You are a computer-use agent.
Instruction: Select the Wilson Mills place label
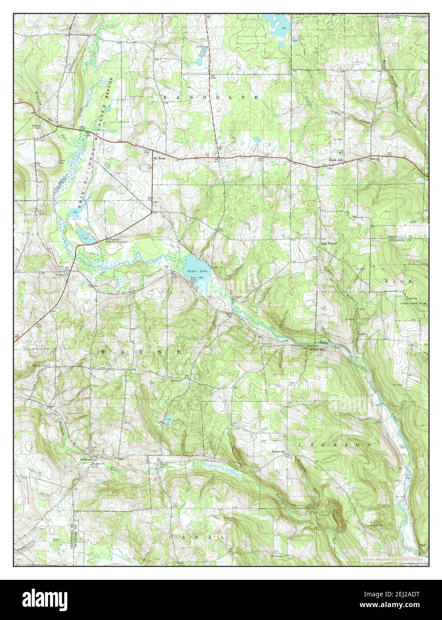(318, 350)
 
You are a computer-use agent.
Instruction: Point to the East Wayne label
(329, 244)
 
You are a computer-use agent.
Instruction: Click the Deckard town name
(86, 459)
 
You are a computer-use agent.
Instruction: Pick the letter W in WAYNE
(103, 352)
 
